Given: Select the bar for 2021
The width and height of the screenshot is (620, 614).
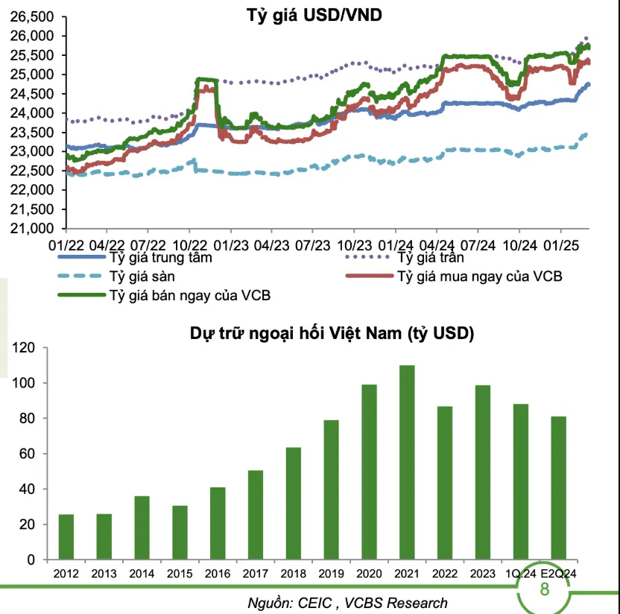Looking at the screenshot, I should pos(407,462).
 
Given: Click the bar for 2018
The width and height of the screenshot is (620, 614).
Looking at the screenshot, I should pos(294,503).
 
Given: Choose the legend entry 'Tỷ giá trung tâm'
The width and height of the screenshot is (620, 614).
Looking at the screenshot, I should pos(160,258).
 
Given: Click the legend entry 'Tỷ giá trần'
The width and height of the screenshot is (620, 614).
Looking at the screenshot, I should pos(431,258).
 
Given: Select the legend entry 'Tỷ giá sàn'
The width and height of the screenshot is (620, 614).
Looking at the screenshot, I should pos(142,276).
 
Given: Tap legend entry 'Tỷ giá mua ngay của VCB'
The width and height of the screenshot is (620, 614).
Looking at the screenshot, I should pos(480,276).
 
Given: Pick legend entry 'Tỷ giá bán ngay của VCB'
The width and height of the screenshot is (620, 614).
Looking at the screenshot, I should pos(189,295).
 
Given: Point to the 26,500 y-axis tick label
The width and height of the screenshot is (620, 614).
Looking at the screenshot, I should pos(33,16).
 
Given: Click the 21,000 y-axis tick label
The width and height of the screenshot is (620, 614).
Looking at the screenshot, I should pos(33,229).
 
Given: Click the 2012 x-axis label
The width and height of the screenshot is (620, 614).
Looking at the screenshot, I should pos(66,573).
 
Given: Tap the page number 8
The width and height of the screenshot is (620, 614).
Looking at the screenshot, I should pos(544,590).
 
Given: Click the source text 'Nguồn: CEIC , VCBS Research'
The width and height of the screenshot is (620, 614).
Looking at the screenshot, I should pos(348,603).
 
